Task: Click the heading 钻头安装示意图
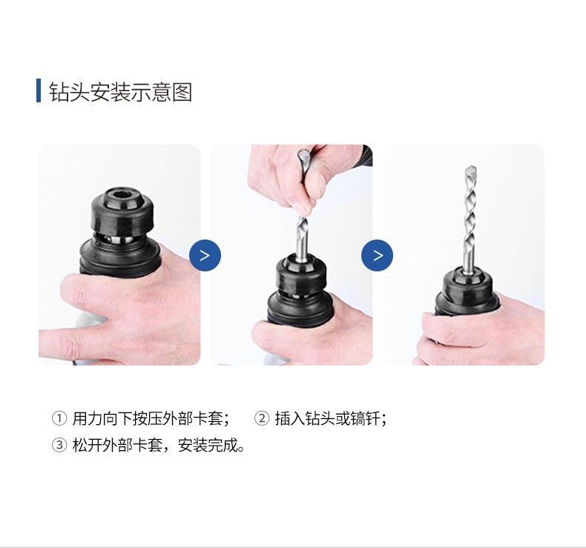121,92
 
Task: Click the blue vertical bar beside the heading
38,90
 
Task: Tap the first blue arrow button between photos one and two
205,256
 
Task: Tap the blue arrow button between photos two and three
377,256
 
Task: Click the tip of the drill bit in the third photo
469,171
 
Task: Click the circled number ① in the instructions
59,419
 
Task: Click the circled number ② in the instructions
261,419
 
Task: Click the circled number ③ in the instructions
59,447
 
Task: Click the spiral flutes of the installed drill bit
469,215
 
